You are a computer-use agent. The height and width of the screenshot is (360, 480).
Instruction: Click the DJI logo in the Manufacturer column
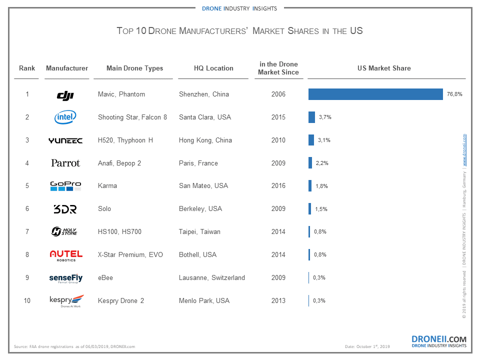(x=65, y=94)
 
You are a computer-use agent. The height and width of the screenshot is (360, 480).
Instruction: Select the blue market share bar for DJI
(x=375, y=94)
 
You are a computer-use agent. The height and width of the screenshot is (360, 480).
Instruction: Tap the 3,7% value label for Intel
(x=325, y=117)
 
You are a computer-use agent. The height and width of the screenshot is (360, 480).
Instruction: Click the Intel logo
(x=65, y=117)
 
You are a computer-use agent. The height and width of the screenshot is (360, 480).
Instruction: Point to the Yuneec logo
(x=65, y=140)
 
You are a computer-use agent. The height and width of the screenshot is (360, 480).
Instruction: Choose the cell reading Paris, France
(x=198, y=163)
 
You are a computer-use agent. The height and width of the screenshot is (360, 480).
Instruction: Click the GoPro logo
(x=65, y=186)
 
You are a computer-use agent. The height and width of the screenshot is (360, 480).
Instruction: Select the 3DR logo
(x=65, y=209)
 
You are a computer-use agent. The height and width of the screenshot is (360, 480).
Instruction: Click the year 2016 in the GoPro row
(x=278, y=185)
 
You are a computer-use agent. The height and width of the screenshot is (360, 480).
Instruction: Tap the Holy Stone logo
(x=65, y=231)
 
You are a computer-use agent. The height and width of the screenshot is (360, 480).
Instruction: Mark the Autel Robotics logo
(x=66, y=255)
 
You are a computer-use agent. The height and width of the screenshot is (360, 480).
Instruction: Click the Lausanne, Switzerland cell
(x=212, y=277)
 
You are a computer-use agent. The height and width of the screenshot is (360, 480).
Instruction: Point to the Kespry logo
(x=65, y=301)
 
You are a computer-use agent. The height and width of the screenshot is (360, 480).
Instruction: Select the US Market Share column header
(x=384, y=68)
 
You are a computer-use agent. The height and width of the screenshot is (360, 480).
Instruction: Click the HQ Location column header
(x=213, y=68)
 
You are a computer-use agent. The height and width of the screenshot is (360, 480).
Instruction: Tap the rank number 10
(x=27, y=300)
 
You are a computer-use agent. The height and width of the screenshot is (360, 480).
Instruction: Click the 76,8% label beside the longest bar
(x=453, y=94)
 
